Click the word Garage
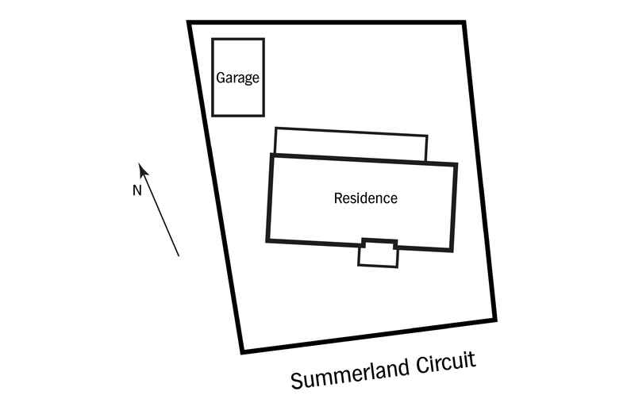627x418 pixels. click(238, 79)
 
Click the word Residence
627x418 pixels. click(365, 198)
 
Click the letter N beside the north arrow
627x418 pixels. click(136, 190)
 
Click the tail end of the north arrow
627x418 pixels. click(179, 255)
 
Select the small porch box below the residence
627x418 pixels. click(378, 255)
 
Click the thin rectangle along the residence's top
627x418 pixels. click(351, 143)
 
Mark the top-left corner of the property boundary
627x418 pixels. click(190, 23)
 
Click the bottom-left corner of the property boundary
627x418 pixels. click(242, 351)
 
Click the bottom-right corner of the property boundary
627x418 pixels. click(496, 319)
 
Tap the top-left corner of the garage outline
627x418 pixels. click(213, 39)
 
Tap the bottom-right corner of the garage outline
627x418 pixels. click(263, 116)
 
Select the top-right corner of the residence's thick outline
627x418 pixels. click(456, 165)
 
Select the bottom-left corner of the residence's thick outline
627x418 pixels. click(267, 240)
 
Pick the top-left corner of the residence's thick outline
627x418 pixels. click(271, 155)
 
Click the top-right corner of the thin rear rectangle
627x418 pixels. click(427, 136)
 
